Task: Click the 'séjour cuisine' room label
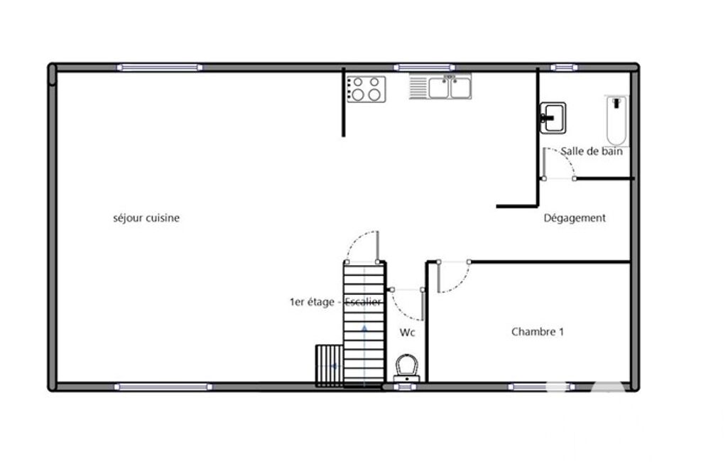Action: click(x=146, y=218)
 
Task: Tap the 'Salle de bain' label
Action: click(x=592, y=151)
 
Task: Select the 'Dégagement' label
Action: click(x=575, y=218)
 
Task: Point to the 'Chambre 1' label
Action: click(x=537, y=332)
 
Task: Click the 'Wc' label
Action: click(x=407, y=333)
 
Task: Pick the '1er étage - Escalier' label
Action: click(x=335, y=302)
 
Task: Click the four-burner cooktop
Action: click(x=366, y=89)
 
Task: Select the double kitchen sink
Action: click(x=440, y=87)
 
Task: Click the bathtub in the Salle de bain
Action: click(x=616, y=121)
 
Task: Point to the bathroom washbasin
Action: click(x=553, y=118)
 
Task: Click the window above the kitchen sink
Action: click(x=424, y=68)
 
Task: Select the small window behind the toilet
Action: click(x=405, y=387)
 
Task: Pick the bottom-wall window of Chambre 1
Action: click(x=541, y=387)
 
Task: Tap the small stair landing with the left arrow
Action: click(x=330, y=366)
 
